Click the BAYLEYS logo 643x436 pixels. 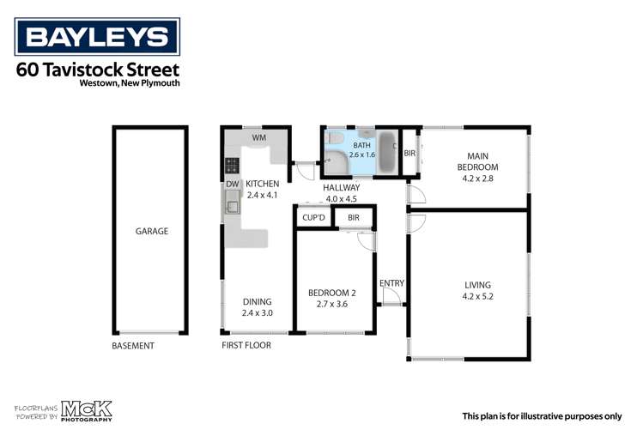(x=97, y=37)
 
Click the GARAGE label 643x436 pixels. (x=151, y=231)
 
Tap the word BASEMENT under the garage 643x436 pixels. (x=133, y=346)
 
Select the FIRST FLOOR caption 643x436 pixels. (x=246, y=346)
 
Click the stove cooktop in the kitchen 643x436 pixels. (x=231, y=165)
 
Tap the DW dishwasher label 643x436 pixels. (x=232, y=184)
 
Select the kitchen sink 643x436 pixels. (x=232, y=203)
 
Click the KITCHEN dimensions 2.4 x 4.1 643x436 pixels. (x=263, y=196)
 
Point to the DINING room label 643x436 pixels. (x=257, y=301)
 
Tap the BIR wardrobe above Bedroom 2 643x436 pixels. (x=353, y=218)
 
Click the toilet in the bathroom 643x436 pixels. (x=336, y=140)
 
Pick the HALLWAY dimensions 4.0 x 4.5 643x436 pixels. (x=340, y=199)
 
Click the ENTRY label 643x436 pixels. (x=391, y=283)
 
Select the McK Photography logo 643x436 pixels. (x=84, y=411)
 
